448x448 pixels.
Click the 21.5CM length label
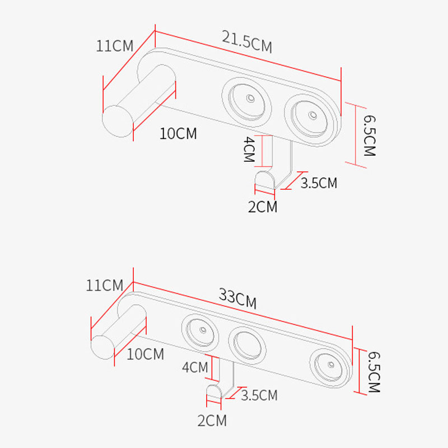(x=246, y=41)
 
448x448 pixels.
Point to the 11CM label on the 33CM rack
(x=104, y=286)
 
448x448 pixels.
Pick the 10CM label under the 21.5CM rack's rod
(x=178, y=134)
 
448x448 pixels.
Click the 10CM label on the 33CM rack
(x=145, y=354)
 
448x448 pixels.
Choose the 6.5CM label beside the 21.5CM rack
(x=369, y=135)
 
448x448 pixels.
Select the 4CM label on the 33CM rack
(x=195, y=367)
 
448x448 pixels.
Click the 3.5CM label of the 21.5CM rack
(x=319, y=183)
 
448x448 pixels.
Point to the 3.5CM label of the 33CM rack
(x=259, y=395)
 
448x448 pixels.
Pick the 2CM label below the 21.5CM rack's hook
(x=263, y=207)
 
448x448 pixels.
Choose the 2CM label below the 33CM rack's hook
(x=212, y=421)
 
